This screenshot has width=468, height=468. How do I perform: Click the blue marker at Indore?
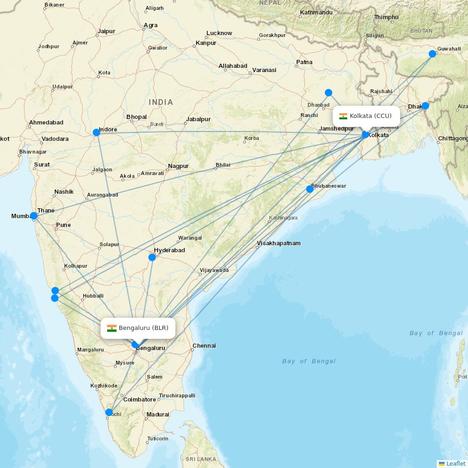(96, 132)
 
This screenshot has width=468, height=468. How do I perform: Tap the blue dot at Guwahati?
(432, 54)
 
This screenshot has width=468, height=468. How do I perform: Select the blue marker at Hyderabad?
(152, 257)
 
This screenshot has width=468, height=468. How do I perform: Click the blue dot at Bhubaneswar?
(309, 189)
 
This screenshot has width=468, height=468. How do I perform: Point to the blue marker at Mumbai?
(34, 216)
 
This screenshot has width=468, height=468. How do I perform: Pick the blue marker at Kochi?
(109, 412)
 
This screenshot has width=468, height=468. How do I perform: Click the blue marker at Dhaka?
(425, 106)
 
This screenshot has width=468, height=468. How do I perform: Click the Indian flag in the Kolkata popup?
(344, 116)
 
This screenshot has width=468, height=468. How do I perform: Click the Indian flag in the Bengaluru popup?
(112, 328)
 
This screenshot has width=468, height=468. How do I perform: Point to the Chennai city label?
(204, 346)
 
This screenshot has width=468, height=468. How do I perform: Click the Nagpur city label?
(178, 166)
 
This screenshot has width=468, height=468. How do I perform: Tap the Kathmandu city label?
(316, 12)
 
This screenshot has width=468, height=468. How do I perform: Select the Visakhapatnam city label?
(278, 243)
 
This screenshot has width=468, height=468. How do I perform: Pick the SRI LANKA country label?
(201, 459)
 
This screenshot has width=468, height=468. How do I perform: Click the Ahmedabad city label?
(46, 123)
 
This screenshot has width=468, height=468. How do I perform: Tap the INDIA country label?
(161, 102)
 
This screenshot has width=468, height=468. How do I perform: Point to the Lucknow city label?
(219, 33)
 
